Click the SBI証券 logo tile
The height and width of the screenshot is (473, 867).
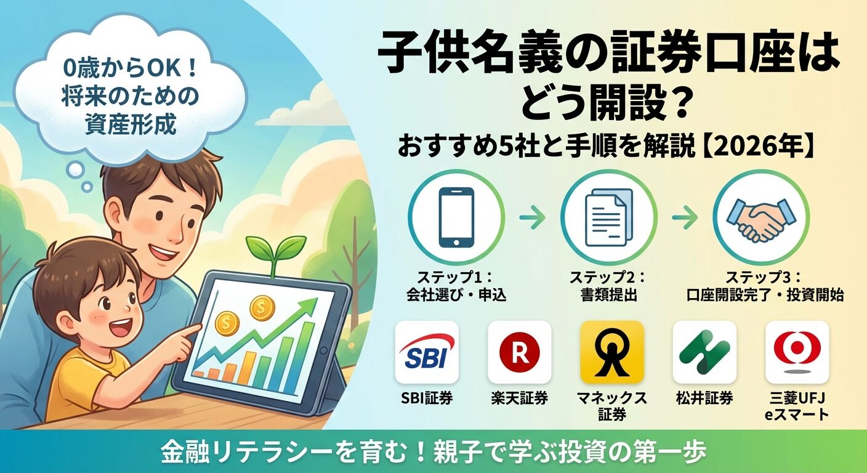coord(427,352)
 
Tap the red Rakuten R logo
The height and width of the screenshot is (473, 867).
coord(519,352)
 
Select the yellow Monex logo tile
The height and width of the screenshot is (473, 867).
coord(612,352)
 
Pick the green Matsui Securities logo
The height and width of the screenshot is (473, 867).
coord(704,352)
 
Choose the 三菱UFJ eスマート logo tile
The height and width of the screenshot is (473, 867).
coord(797,352)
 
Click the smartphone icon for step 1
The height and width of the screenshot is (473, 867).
coord(456,217)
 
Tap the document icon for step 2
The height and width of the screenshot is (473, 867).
coord(608,217)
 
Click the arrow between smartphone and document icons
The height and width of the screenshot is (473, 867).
coord(532,217)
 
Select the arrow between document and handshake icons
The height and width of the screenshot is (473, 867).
coord(685,217)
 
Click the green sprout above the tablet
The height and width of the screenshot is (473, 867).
coord(275,249)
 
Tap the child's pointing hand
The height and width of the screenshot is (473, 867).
coord(183,338)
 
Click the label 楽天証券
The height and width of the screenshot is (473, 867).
coord(519,398)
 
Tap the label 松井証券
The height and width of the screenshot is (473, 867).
coord(704,398)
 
